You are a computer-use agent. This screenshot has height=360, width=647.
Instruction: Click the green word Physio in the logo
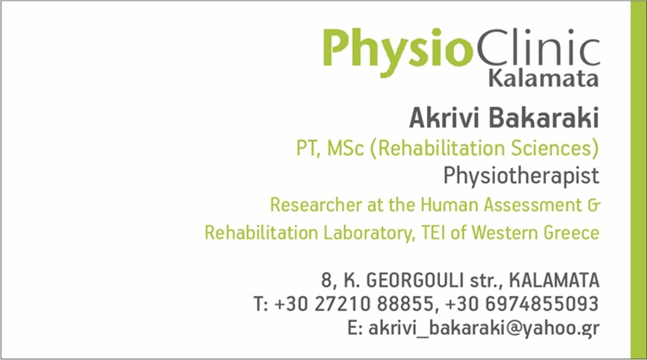398,51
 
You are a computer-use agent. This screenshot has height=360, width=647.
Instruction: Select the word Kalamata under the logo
543,79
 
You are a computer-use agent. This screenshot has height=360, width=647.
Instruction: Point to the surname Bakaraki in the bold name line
543,117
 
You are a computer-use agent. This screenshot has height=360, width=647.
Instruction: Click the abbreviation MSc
345,148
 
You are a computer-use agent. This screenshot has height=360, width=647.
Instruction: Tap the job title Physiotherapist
521,176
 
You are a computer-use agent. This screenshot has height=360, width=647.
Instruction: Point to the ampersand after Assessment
594,205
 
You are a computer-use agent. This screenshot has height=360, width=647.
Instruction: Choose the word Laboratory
369,233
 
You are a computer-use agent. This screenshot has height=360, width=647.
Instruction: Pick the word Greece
571,233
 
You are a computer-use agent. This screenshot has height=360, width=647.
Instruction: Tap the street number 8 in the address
327,281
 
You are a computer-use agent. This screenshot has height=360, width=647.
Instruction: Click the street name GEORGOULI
415,281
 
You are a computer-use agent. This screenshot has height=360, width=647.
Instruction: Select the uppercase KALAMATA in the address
554,281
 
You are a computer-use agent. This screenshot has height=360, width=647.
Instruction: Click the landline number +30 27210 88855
354,304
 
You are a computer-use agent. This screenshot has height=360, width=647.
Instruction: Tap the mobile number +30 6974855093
522,304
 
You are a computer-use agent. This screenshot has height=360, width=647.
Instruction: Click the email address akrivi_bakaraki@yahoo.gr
484,329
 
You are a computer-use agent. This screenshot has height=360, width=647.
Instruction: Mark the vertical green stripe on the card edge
638,180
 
